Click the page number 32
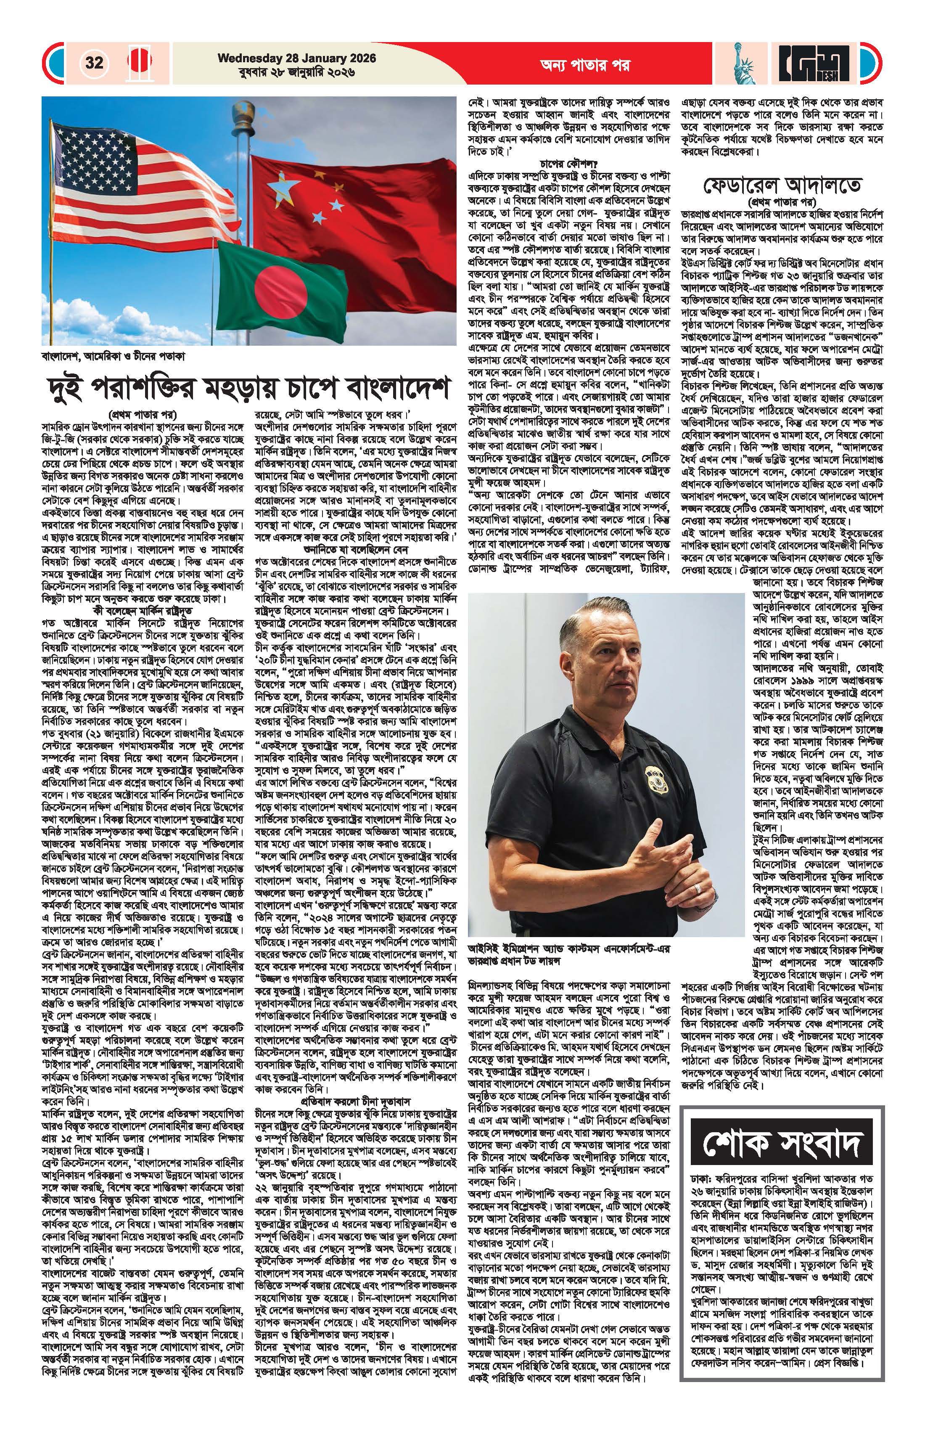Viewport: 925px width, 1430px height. tap(94, 63)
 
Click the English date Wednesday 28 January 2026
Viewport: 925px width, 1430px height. tap(297, 58)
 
